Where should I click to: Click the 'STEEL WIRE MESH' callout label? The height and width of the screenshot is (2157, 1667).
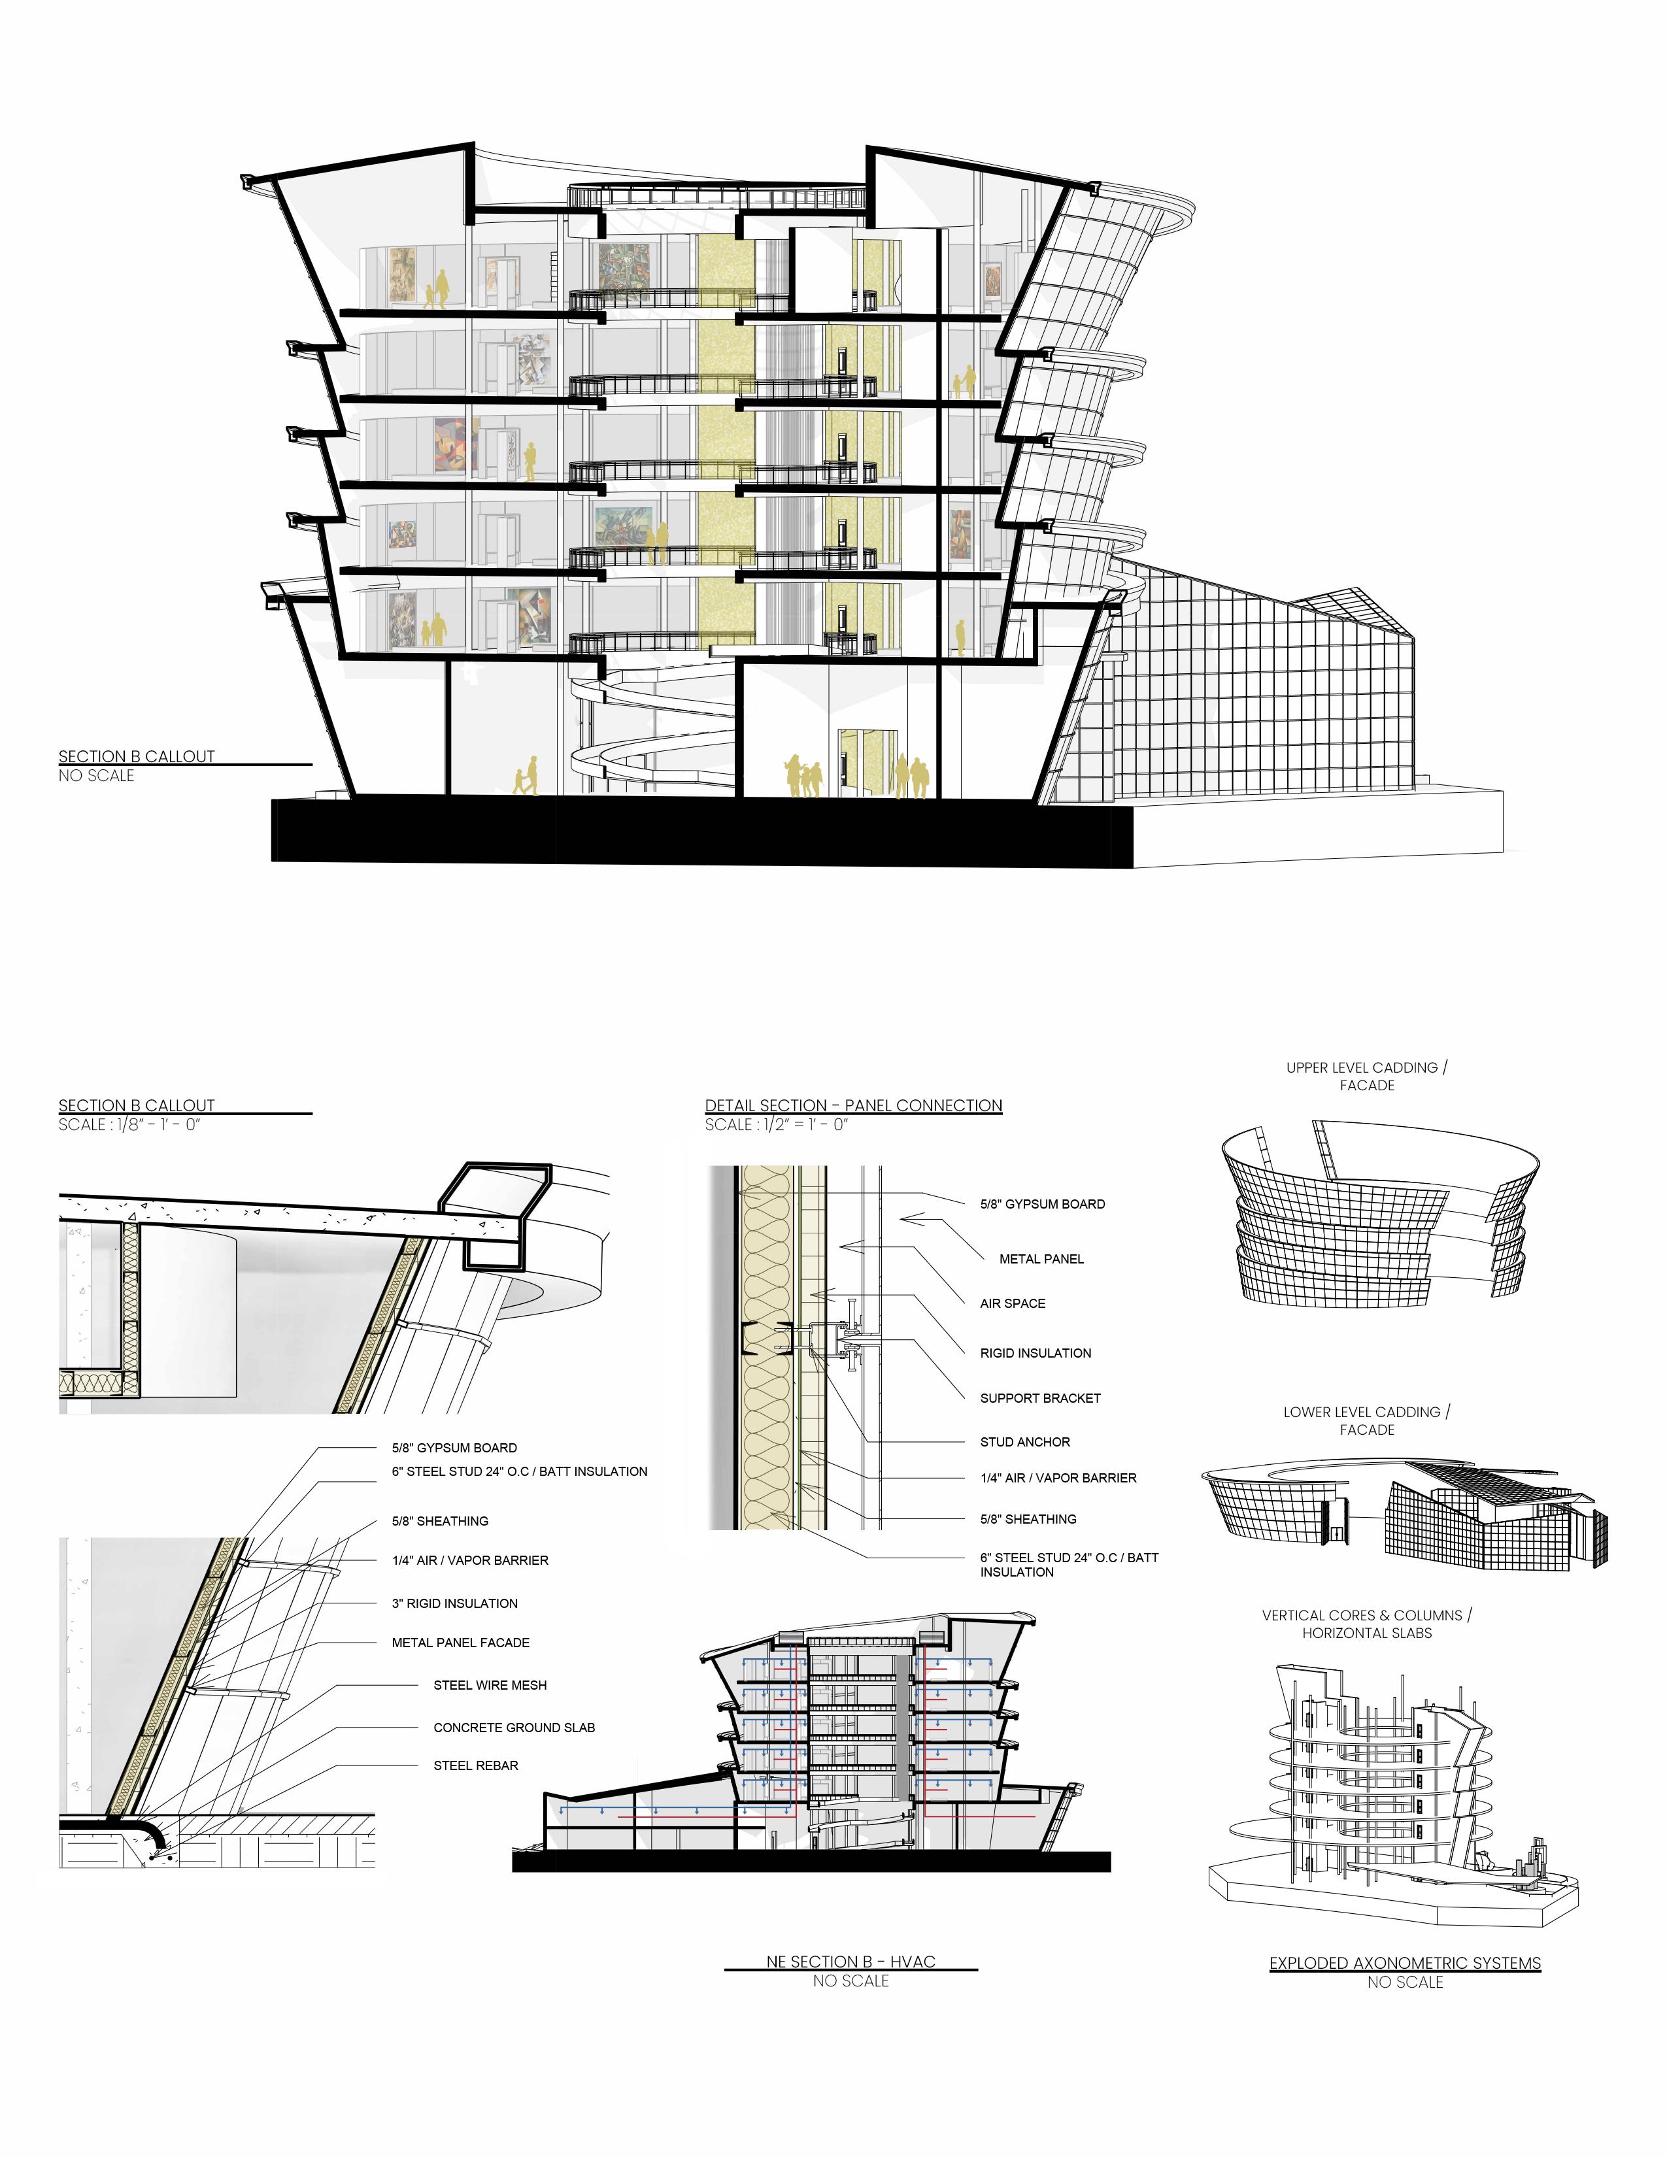490,1685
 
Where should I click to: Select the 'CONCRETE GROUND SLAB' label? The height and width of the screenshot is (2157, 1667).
514,1728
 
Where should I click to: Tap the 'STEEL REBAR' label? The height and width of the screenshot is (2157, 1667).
475,1765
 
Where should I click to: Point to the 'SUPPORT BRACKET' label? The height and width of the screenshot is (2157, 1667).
1040,1397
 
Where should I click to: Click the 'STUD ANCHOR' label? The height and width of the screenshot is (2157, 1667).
1024,1442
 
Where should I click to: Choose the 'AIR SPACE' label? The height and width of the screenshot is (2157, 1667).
1012,1304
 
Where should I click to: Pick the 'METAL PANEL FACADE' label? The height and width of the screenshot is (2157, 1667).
460,1643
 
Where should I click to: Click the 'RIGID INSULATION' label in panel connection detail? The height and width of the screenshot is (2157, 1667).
1035,1353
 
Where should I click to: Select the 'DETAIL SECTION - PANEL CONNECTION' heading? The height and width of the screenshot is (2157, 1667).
853,1105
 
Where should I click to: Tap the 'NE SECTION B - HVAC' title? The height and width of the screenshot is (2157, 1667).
850,1962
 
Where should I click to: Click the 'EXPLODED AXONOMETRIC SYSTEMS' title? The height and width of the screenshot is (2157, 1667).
1404,1964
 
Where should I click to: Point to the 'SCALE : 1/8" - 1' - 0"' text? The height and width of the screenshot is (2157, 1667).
128,1125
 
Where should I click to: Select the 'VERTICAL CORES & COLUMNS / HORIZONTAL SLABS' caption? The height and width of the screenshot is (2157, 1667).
1367,1624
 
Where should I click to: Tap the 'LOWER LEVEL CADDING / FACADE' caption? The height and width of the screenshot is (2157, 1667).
1367,1420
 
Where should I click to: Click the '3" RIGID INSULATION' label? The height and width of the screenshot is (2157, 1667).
454,1603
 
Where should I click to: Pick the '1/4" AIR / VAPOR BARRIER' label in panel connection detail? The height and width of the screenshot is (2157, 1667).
1058,1477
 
